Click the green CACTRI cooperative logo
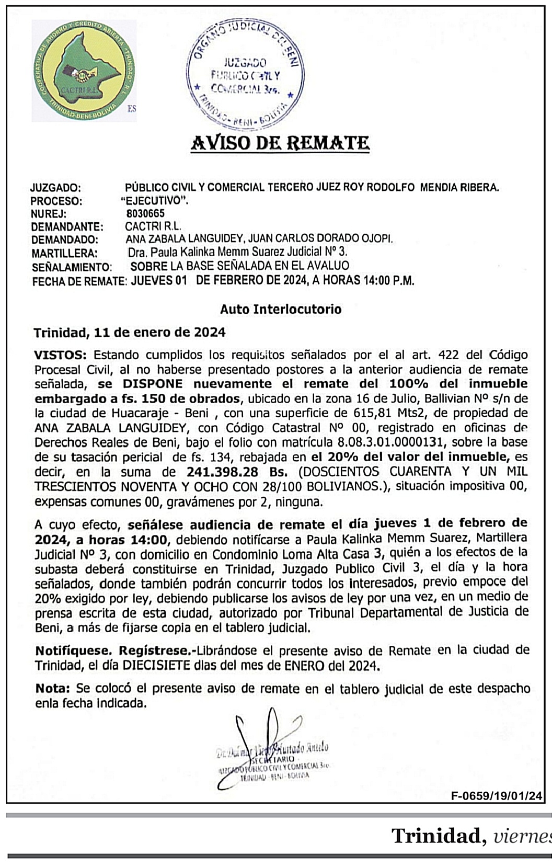(84, 71)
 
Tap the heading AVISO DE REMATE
(280, 142)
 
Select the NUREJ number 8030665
(145, 213)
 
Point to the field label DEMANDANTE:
(66, 227)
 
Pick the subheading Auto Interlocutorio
(281, 309)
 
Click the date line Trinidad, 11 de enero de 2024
(130, 333)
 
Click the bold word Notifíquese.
(73, 651)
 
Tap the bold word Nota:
(53, 689)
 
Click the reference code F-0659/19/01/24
(497, 796)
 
